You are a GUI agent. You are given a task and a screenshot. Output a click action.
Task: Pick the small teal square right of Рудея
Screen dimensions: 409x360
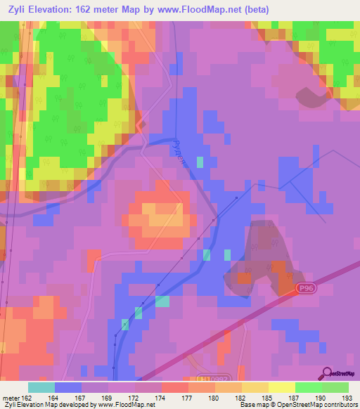(x=200, y=162)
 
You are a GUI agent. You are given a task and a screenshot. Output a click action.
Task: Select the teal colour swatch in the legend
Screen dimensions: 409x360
(x=41, y=387)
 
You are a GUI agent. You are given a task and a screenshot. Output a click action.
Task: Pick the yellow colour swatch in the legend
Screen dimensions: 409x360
(x=282, y=387)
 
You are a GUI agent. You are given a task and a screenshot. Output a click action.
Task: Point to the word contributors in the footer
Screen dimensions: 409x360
(x=340, y=405)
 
